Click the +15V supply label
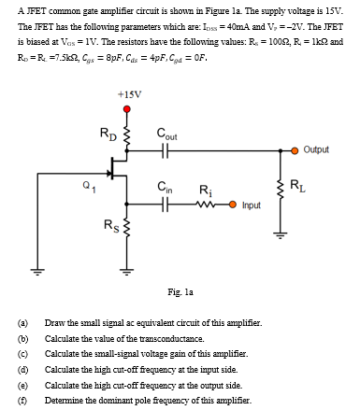tap(131, 94)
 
